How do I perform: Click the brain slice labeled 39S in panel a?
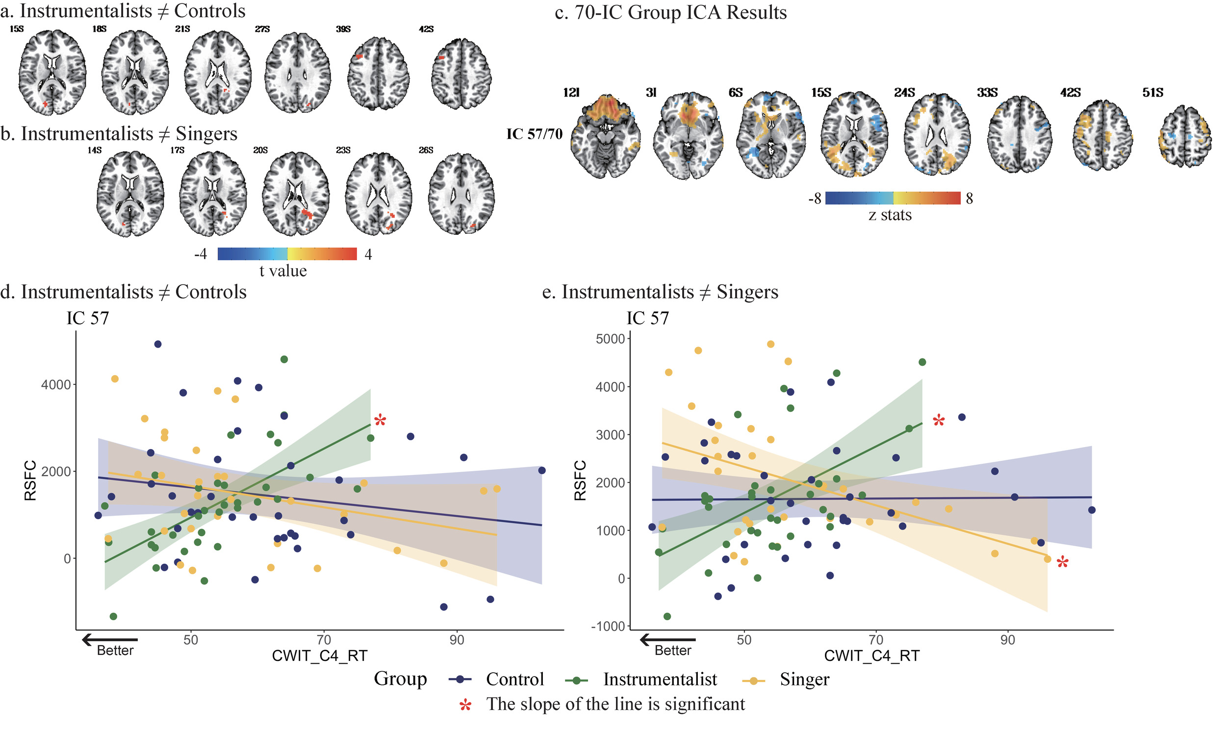point(378,73)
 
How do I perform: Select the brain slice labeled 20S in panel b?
point(295,194)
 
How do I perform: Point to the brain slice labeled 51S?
point(1185,136)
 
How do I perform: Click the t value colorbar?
point(287,253)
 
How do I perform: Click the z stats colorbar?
point(893,198)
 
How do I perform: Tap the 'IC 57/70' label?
point(534,134)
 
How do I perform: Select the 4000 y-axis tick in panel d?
point(56,385)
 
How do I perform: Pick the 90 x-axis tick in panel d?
point(457,640)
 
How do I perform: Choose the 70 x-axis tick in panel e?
point(876,640)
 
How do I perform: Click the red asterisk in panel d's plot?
point(380,421)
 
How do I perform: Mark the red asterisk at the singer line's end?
point(1062,562)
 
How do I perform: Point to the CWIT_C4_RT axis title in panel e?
point(871,656)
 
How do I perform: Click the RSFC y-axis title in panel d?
point(30,480)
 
